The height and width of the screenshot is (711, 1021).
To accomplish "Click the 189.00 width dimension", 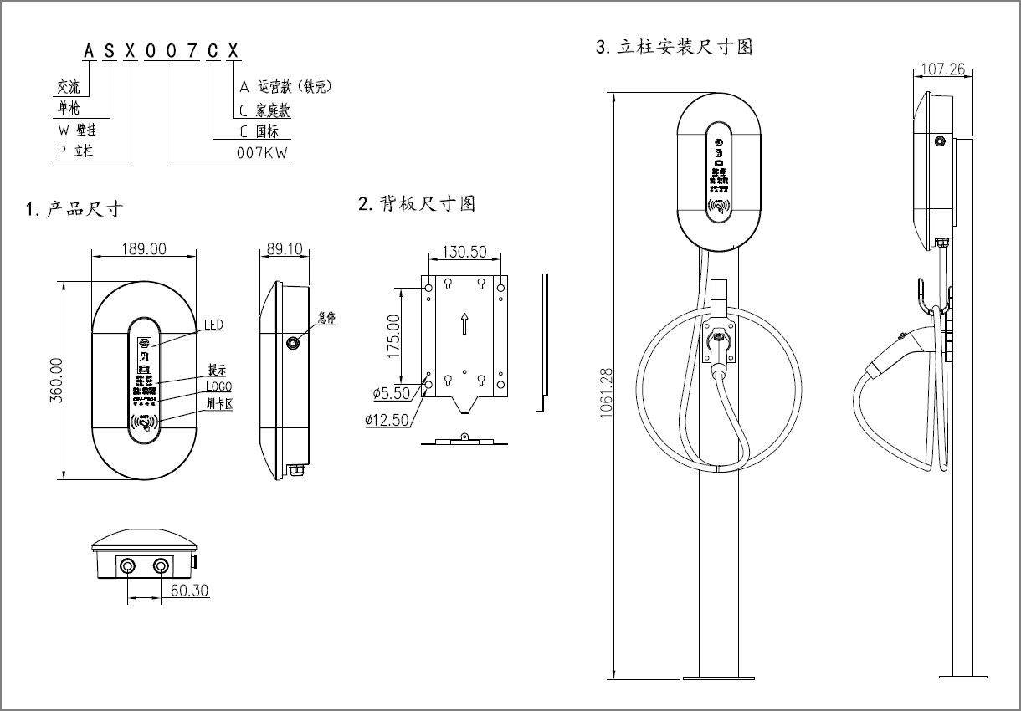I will coord(144,248).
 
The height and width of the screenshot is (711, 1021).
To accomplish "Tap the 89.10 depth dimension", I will coord(285,248).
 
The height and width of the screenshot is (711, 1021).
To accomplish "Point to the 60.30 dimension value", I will coord(190,591).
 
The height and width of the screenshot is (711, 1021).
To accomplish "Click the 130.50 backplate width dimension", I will coord(464,252).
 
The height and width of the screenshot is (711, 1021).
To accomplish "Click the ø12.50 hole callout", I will coord(387,420).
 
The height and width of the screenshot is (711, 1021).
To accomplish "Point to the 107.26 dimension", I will coord(941,69).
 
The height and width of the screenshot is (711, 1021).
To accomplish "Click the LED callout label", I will coord(214,325).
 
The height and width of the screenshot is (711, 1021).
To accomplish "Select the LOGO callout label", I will coord(218,387).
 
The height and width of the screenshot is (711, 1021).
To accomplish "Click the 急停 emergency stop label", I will coord(326,318).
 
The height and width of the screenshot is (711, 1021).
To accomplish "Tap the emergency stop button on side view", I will coord(293,344).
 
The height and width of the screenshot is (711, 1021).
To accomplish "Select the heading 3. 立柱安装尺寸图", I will coord(675,47).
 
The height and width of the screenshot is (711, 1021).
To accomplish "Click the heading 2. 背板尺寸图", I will coord(417,203).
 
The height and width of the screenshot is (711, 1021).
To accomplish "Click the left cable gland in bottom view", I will coord(127,567).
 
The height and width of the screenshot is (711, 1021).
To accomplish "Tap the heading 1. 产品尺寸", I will coord(75,209).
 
